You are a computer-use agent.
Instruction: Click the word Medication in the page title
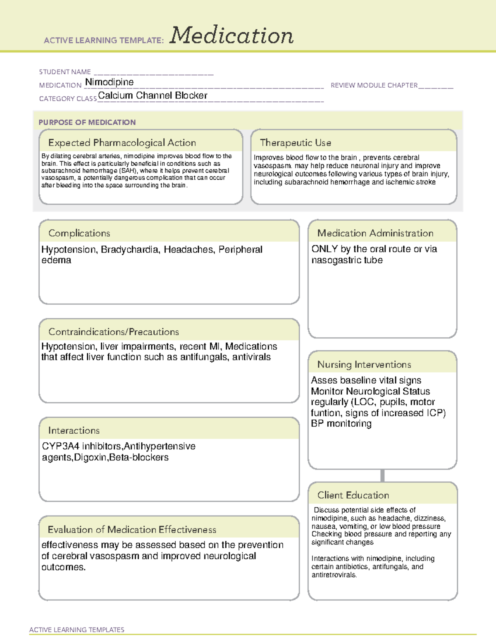tap(231, 36)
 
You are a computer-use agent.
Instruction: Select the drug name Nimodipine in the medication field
tap(109, 82)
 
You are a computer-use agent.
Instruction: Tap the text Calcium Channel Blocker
tap(153, 95)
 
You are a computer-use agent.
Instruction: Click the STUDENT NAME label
tap(65, 72)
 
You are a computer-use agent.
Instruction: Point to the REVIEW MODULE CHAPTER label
tap(374, 85)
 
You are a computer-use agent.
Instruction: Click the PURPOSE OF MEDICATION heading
tap(87, 122)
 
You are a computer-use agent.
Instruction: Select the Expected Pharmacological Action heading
tap(122, 143)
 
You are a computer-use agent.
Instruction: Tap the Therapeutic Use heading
tap(295, 143)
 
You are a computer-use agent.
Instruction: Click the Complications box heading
tap(79, 233)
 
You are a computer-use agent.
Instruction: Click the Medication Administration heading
tap(375, 233)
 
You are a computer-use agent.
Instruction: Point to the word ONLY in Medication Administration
tap(324, 249)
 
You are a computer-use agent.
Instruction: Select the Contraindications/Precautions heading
tap(113, 332)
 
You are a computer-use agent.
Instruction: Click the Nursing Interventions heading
tap(364, 365)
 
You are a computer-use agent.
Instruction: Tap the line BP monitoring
tap(341, 424)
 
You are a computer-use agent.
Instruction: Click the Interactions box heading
tap(74, 431)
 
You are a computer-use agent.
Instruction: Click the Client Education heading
tap(353, 495)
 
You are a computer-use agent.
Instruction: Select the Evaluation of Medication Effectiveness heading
tap(132, 530)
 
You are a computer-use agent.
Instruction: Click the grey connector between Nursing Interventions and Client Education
tap(382, 475)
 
